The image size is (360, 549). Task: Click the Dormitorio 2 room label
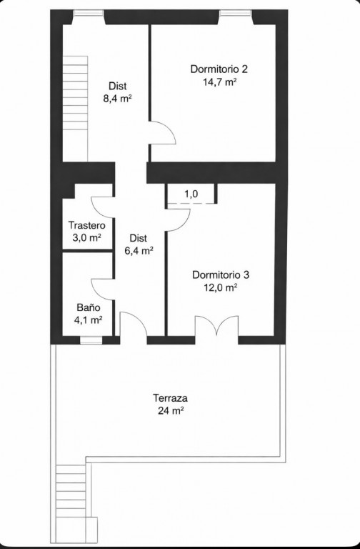pyautogui.click(x=219, y=69)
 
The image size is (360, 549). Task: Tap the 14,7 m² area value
pyautogui.click(x=219, y=82)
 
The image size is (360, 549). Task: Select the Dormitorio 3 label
pyautogui.click(x=221, y=274)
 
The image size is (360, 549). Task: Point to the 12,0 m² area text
pyautogui.click(x=221, y=287)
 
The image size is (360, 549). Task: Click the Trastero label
pyautogui.click(x=86, y=224)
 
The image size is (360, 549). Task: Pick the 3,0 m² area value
pyautogui.click(x=86, y=238)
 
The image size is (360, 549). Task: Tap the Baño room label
pyautogui.click(x=89, y=307)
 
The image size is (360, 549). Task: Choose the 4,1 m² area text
pyautogui.click(x=88, y=320)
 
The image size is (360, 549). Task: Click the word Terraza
pyautogui.click(x=171, y=398)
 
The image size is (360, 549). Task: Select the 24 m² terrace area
pyautogui.click(x=171, y=410)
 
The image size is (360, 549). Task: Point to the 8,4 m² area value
pyautogui.click(x=117, y=99)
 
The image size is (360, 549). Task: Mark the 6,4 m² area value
pyautogui.click(x=139, y=250)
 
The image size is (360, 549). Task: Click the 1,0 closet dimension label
pyautogui.click(x=191, y=194)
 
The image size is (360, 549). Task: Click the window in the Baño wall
pyautogui.click(x=91, y=340)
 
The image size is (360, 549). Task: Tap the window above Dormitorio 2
pyautogui.click(x=236, y=14)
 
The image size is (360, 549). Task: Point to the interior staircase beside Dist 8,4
pyautogui.click(x=75, y=109)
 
